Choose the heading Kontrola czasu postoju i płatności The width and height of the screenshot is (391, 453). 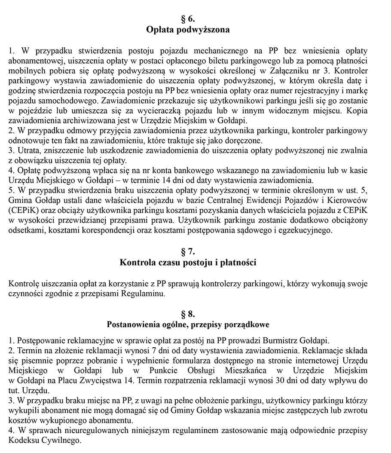click(188, 263)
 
